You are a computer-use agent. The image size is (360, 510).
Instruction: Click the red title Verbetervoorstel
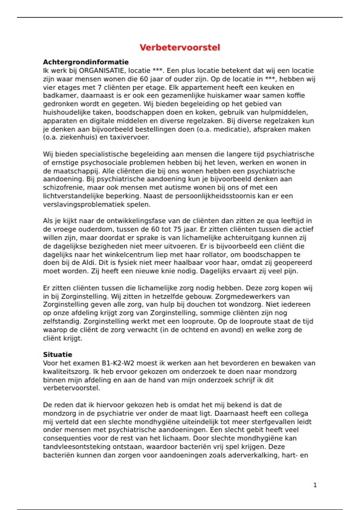coord(180,47)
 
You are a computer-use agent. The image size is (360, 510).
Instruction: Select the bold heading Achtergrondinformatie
coord(86,62)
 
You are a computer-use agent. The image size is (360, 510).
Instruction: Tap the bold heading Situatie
coord(58,355)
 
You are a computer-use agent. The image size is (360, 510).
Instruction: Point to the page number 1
coord(315,485)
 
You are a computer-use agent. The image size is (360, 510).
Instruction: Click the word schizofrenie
coord(61,187)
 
